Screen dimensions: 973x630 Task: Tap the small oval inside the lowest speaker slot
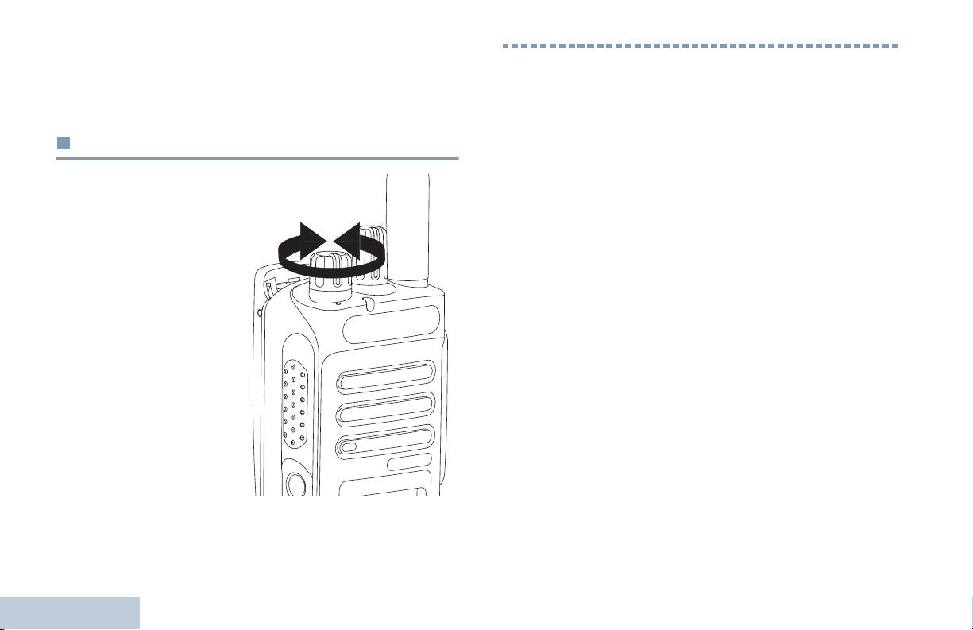click(350, 448)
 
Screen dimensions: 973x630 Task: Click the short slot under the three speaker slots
click(410, 462)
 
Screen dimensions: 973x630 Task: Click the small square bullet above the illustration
click(63, 144)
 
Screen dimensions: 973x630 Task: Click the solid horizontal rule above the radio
click(257, 158)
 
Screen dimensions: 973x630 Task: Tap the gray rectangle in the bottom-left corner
click(70, 613)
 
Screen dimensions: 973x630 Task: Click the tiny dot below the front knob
click(338, 303)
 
